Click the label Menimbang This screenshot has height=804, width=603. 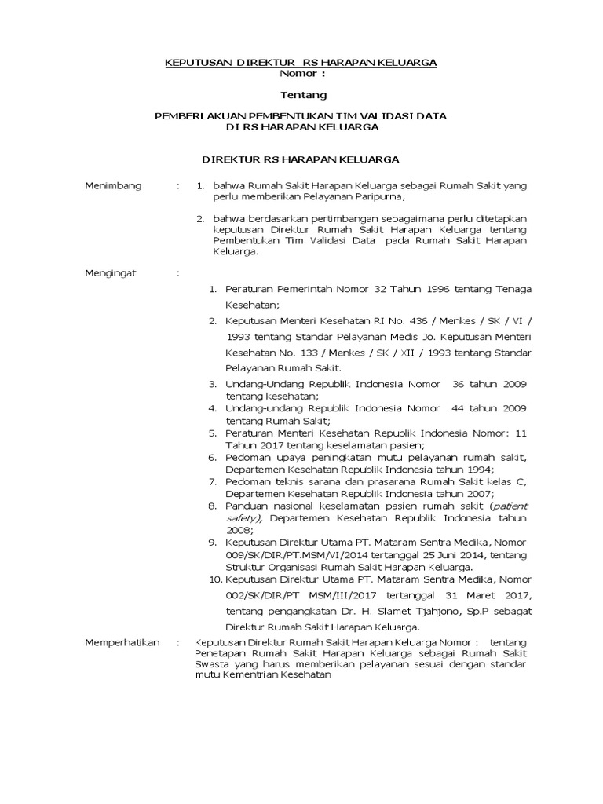[x=113, y=185]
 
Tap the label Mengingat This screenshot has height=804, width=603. [x=111, y=272]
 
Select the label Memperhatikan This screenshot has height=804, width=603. [x=122, y=642]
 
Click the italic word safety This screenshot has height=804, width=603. [x=244, y=518]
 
